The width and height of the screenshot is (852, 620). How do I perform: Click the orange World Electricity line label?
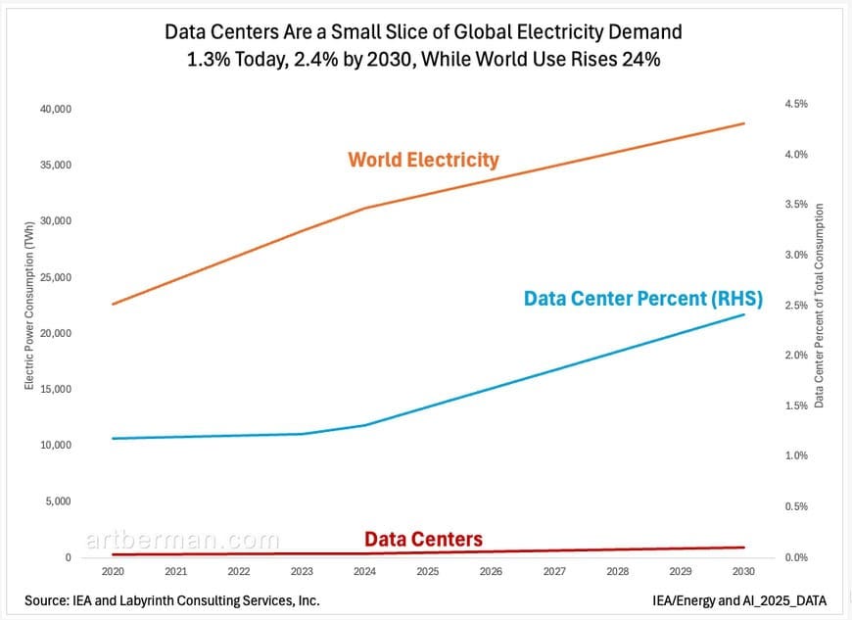coord(423,160)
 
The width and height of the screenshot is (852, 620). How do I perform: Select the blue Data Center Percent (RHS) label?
coord(643,298)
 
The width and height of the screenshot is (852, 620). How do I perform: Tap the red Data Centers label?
coord(423,540)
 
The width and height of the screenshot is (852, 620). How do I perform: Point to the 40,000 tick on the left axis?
coord(55,109)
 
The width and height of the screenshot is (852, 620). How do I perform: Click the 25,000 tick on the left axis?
coord(55,277)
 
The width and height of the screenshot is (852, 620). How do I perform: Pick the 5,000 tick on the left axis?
coord(59,501)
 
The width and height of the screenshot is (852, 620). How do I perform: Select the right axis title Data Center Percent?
coord(819,305)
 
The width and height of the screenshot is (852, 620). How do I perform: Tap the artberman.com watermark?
coord(182,541)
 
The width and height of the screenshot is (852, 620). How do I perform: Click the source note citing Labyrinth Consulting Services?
coord(171,599)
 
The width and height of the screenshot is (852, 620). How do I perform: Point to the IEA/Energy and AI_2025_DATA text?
coord(740,599)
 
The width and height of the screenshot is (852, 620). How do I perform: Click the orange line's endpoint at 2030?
coord(744,123)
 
